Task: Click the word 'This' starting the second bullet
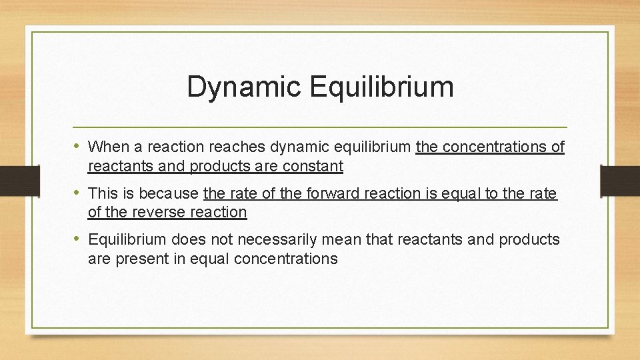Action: (103, 194)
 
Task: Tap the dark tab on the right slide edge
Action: (620, 180)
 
